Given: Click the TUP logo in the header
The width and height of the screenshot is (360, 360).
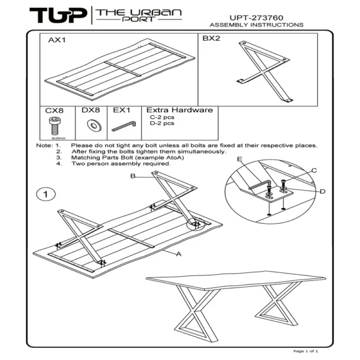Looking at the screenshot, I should [58, 15].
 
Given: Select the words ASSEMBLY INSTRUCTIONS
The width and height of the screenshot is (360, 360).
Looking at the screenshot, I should [256, 25].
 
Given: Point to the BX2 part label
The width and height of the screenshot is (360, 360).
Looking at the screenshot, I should [211, 38].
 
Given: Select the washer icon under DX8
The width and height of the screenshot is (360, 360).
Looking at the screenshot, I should [93, 125].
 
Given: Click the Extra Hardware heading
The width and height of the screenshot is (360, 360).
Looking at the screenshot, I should [179, 110].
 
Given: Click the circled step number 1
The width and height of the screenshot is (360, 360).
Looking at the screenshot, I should [46, 194].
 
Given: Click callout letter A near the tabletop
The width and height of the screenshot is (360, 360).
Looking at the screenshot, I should [179, 254].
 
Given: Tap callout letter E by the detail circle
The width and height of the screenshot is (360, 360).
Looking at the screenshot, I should [239, 159].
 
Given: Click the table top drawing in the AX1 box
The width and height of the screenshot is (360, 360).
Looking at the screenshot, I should [114, 69].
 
